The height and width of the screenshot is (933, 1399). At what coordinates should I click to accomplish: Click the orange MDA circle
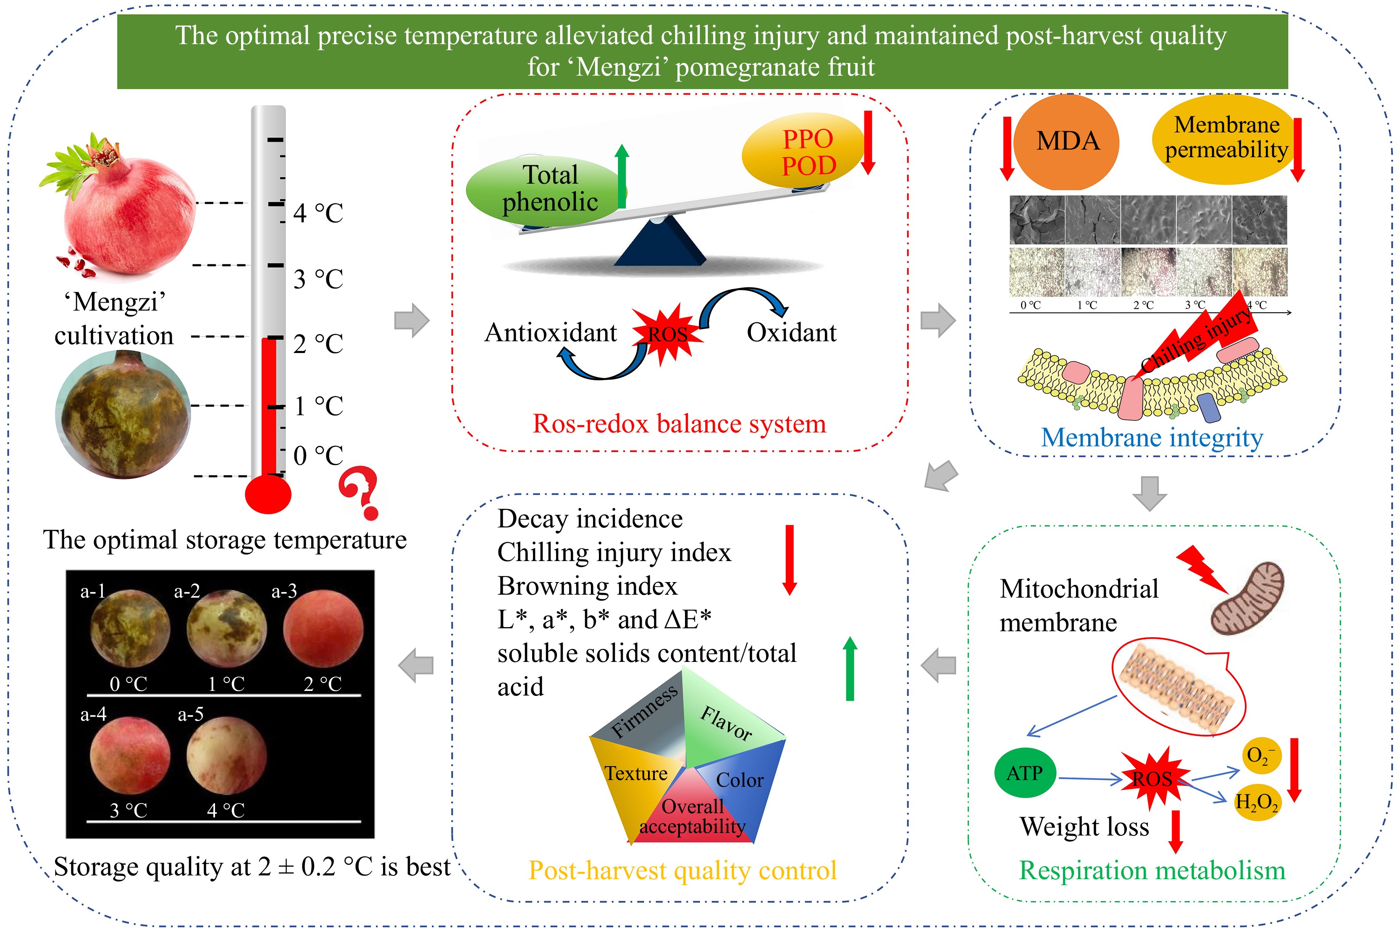tap(1066, 142)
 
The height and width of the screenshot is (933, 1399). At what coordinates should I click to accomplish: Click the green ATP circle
tap(1024, 773)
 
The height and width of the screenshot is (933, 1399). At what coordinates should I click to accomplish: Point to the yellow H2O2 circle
tap(1256, 802)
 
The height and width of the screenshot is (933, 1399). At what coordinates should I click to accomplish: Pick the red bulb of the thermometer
tap(268, 494)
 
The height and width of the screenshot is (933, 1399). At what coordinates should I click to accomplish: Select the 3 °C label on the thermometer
tap(318, 279)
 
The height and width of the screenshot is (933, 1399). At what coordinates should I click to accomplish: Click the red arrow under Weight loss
tap(1176, 831)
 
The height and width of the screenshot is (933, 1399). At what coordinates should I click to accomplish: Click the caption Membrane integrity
tap(1152, 438)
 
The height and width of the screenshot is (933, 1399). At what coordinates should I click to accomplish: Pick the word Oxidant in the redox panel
tap(791, 332)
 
